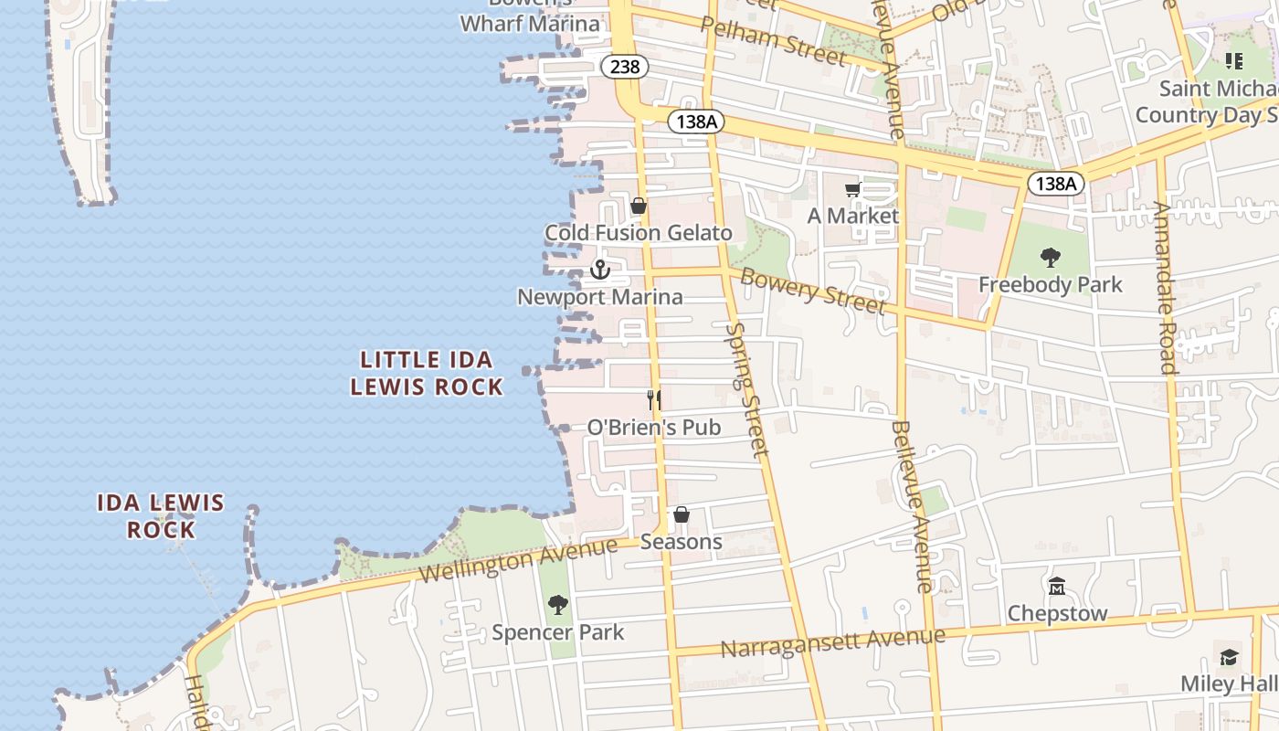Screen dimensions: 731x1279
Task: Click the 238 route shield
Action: [625, 67]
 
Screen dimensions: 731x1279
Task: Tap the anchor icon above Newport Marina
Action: [600, 270]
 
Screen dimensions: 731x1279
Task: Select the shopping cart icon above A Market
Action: [853, 190]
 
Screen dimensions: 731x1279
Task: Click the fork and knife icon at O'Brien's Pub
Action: [654, 400]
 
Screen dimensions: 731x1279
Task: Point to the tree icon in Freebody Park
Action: [1051, 258]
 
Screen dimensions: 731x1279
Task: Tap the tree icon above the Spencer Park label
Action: [557, 605]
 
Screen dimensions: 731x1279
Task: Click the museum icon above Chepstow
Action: [1057, 586]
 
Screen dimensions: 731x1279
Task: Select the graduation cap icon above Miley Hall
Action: [1230, 657]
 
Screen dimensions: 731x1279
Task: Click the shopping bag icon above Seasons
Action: [682, 515]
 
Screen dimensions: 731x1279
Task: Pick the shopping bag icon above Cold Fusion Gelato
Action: [639, 207]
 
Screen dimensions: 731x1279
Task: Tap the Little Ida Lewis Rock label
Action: [427, 373]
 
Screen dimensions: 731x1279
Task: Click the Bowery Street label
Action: [812, 291]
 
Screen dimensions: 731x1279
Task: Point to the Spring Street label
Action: [747, 388]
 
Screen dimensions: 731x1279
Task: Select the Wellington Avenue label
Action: [519, 560]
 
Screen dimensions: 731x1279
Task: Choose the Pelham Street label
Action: [773, 40]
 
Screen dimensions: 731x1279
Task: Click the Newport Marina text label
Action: [600, 297]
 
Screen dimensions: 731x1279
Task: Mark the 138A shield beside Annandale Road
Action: [1056, 184]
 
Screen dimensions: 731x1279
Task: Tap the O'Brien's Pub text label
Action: [653, 427]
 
